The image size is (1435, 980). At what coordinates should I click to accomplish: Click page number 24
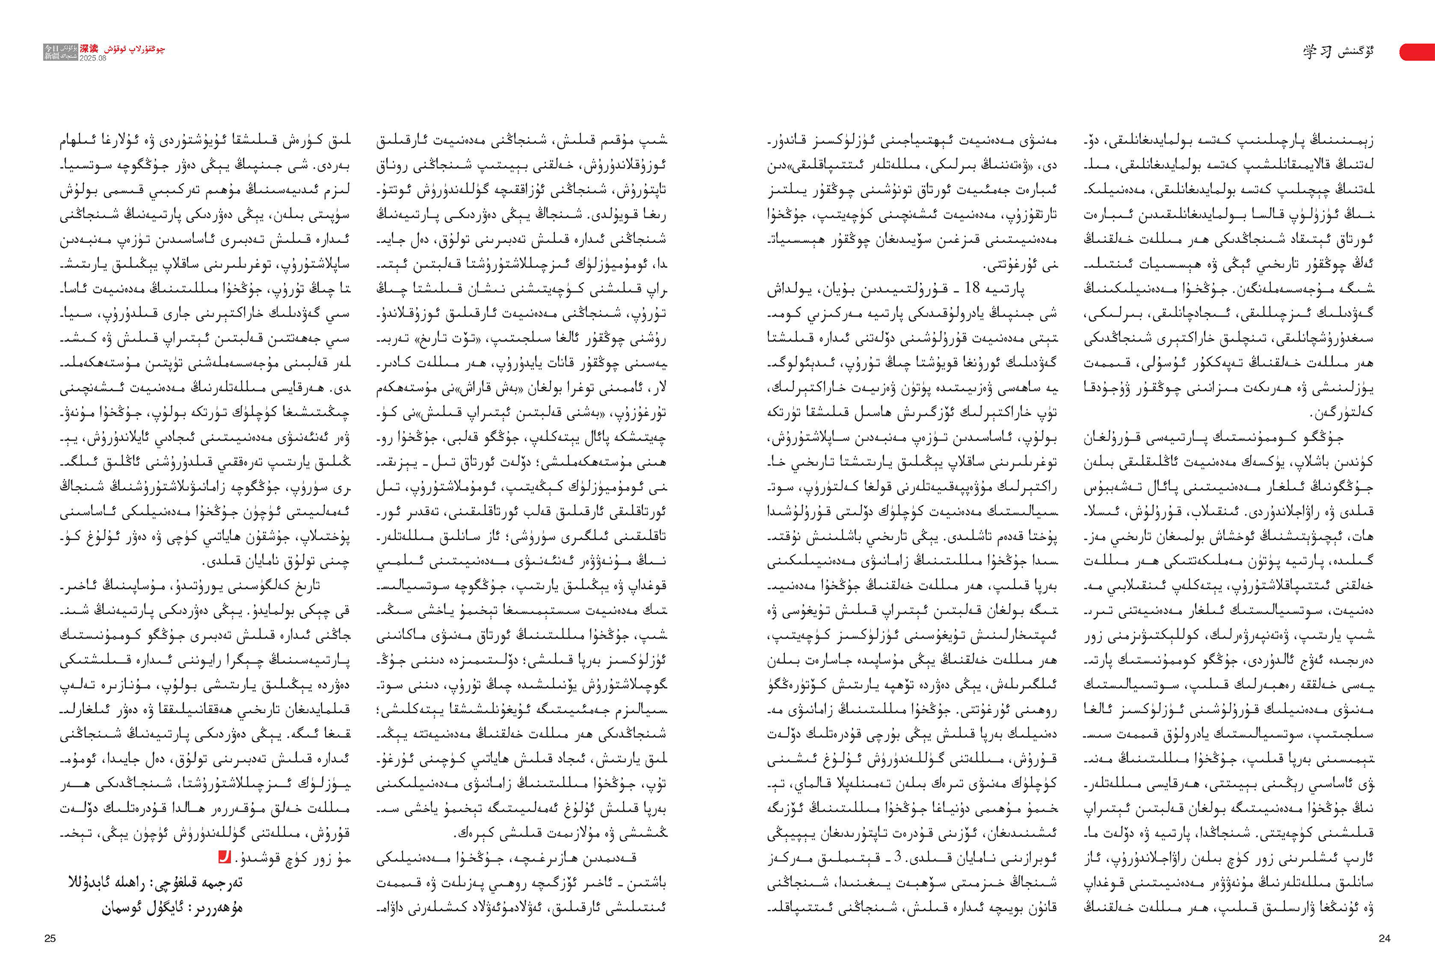1384,938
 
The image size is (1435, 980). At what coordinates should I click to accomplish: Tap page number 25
50,938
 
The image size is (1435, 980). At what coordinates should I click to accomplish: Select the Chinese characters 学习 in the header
1315,52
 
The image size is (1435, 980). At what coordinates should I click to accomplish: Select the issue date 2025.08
92,58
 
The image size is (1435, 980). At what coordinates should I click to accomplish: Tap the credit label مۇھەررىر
218,908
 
